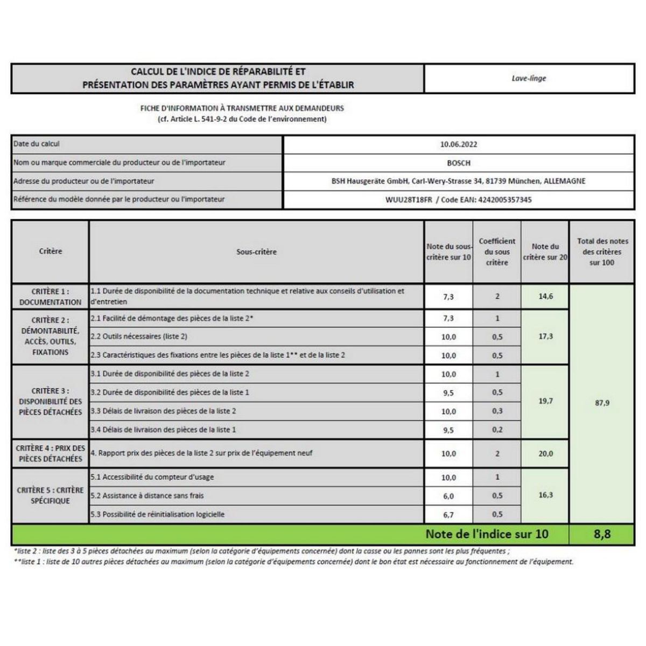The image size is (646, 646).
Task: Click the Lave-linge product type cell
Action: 529,79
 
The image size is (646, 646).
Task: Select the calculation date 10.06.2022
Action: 458,144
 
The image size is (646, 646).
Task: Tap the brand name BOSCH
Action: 458,163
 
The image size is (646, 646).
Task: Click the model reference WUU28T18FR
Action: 409,200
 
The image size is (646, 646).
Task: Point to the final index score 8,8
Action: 602,534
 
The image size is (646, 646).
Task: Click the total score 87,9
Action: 602,403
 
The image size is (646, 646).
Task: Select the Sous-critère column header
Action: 256,252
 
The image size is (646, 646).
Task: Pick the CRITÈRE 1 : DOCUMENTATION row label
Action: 50,297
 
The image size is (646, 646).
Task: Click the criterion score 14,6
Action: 545,297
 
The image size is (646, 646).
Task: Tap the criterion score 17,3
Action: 545,336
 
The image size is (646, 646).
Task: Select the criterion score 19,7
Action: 545,401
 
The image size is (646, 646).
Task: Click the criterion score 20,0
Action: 545,453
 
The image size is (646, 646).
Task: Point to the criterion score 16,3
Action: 545,495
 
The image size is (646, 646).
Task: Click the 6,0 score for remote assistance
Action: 448,496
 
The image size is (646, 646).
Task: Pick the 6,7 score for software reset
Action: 448,515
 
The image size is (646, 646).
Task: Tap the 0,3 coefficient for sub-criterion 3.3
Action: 497,411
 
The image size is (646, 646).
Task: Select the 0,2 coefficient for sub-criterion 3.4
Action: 497,430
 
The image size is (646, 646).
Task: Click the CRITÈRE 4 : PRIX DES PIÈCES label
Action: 50,453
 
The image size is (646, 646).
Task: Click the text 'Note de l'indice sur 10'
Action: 487,534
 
